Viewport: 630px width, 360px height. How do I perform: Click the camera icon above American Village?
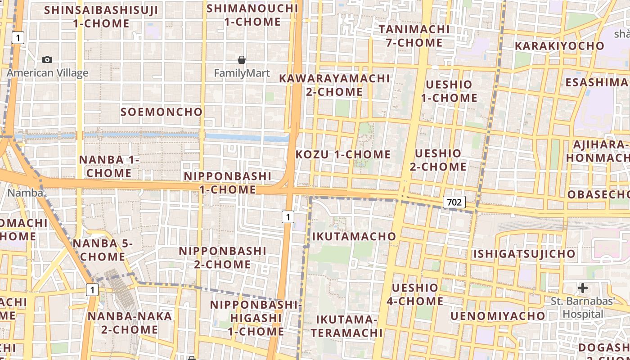click(x=47, y=59)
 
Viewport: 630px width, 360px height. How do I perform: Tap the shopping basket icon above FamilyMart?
click(x=242, y=59)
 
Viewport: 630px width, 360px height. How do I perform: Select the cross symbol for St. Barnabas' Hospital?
click(x=583, y=288)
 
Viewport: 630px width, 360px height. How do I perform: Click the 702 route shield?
click(x=454, y=202)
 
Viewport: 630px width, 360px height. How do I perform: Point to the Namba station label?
click(x=26, y=193)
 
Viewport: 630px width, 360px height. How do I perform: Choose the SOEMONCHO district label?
click(x=162, y=112)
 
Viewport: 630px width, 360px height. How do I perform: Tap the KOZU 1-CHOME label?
click(x=343, y=154)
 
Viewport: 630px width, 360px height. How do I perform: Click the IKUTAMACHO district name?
click(x=354, y=236)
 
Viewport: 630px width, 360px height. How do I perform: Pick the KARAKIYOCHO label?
click(x=559, y=46)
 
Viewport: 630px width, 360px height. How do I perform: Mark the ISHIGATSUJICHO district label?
click(x=524, y=254)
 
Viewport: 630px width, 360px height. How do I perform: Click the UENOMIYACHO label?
click(x=498, y=316)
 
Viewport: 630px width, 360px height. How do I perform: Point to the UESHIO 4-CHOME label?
click(x=415, y=294)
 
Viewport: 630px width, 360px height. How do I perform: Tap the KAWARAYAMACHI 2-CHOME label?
click(x=334, y=85)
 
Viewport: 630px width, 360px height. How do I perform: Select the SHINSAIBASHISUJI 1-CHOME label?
click(x=101, y=17)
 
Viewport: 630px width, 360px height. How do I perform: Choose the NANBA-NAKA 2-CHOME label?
click(x=130, y=323)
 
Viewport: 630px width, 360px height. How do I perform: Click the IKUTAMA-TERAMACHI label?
click(x=346, y=326)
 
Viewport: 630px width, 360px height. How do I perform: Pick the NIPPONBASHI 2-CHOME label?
click(x=223, y=257)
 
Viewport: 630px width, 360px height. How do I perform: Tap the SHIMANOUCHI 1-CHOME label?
click(x=252, y=15)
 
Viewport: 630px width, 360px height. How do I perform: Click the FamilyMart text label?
click(x=242, y=73)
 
